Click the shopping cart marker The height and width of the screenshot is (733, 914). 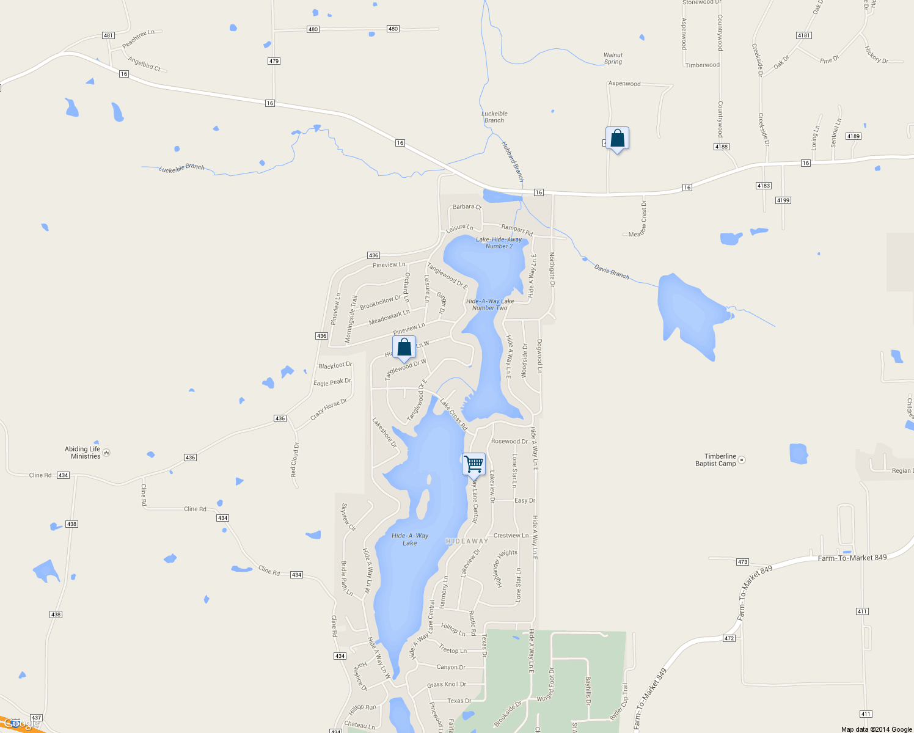coord(473,464)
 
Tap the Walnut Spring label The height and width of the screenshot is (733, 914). coord(613,58)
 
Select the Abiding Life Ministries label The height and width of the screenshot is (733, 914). coord(82,453)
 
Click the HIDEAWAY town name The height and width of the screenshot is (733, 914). coord(467,541)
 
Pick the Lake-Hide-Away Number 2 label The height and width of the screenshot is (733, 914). coord(499,243)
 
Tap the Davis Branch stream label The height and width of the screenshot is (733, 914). coord(612,272)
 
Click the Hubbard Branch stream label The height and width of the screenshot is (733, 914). coord(513,161)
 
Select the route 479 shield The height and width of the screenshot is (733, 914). coord(274,61)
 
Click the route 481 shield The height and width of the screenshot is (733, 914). coord(109,35)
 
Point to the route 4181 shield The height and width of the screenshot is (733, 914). coord(804,35)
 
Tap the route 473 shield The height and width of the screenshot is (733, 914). coord(742,562)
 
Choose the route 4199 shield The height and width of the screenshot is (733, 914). coord(783,200)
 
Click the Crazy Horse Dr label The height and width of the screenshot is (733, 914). coord(329,409)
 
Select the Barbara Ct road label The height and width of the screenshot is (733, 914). coord(467,207)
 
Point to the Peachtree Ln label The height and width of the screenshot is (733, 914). coord(138,39)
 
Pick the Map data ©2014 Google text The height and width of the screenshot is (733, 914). coord(876,729)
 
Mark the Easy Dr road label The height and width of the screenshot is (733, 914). coord(524,500)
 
